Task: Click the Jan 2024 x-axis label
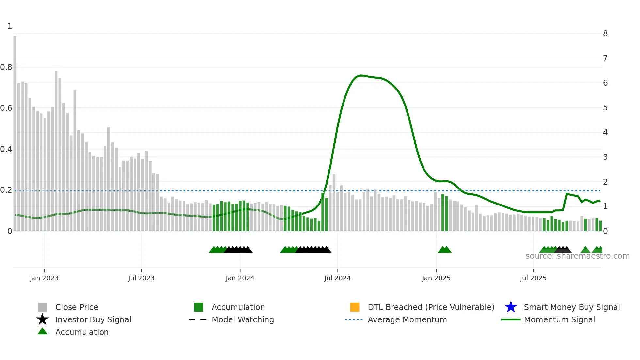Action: (240, 278)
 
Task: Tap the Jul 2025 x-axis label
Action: (533, 278)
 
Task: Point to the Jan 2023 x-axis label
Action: (44, 278)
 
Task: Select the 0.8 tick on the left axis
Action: (6, 67)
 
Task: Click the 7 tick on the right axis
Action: (605, 58)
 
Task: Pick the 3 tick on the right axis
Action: (605, 157)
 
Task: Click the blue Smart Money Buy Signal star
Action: (511, 307)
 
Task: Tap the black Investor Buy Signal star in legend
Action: (42, 319)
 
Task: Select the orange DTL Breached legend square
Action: (355, 307)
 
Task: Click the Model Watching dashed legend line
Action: (198, 319)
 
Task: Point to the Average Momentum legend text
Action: (407, 319)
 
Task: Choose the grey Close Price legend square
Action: (42, 307)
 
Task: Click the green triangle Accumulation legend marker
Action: (42, 331)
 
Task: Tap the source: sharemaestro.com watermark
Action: (577, 256)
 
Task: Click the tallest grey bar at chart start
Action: (15, 131)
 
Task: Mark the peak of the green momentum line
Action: (360, 75)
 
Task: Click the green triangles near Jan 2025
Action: (444, 250)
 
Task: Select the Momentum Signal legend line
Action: (511, 319)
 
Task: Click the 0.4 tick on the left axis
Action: (6, 149)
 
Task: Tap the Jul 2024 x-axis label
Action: (337, 278)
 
